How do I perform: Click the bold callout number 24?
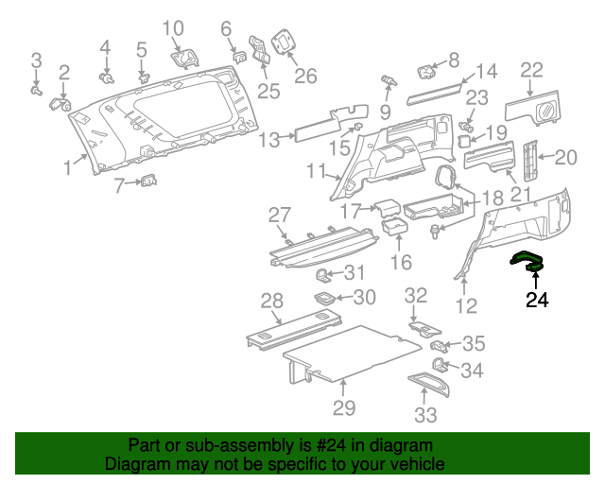[536, 301]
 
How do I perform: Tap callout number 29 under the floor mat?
[344, 407]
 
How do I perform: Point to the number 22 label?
[532, 69]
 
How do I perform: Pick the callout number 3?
[36, 61]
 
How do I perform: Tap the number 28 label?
[272, 301]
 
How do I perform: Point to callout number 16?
[401, 261]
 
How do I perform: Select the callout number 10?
[173, 28]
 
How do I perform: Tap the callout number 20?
[565, 158]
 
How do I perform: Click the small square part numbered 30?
[325, 298]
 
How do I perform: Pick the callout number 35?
[473, 344]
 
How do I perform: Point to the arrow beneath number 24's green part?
[536, 282]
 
